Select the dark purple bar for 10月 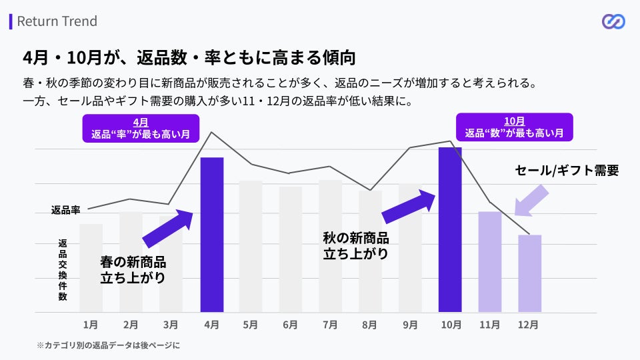450,230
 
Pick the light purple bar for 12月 529,273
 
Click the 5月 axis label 251,325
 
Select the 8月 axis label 370,325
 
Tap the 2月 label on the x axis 131,325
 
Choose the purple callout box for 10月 514,127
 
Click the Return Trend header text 57,21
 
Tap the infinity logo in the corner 613,22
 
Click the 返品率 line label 65,210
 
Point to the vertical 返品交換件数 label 63,270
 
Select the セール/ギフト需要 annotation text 567,171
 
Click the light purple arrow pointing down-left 532,201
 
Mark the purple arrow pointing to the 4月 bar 168,229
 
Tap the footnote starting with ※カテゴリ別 108,345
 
